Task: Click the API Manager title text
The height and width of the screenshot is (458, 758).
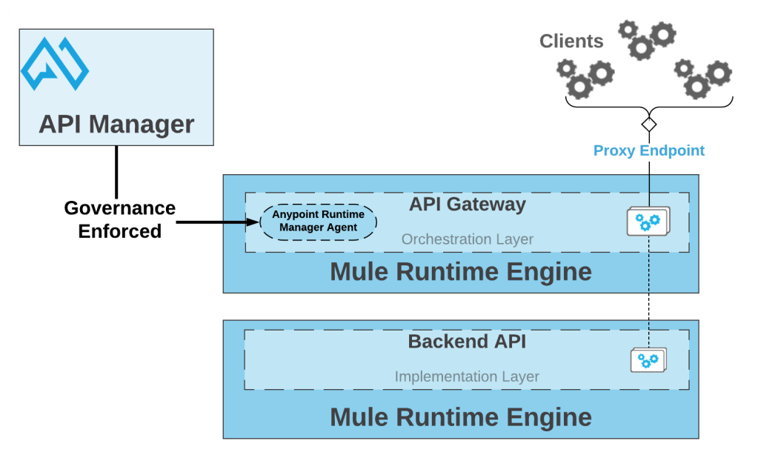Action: coord(116,124)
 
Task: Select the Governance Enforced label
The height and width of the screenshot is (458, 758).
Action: coord(120,219)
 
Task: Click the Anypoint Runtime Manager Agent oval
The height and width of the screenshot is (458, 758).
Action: coord(318,221)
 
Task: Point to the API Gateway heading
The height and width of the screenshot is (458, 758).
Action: coord(467,204)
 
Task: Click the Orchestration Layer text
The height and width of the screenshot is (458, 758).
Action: coord(467,239)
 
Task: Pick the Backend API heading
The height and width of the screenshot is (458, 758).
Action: coord(467,342)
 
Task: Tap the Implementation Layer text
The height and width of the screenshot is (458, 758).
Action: coord(467,376)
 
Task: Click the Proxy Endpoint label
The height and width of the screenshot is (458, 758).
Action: coord(648,151)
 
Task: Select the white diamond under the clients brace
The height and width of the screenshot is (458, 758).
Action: coord(649,124)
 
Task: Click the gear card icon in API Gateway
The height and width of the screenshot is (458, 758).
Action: coord(648,221)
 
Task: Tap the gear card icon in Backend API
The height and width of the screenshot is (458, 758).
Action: coord(648,360)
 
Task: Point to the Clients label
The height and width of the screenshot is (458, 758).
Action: coord(571,42)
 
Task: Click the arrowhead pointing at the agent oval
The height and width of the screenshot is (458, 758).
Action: coord(253,221)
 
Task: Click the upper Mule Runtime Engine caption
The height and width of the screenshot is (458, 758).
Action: coord(460,272)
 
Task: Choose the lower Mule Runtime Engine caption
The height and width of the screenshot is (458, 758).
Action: coord(460,417)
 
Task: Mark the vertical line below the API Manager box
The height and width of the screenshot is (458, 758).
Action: coord(116,170)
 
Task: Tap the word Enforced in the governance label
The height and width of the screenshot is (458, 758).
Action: coord(120,231)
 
